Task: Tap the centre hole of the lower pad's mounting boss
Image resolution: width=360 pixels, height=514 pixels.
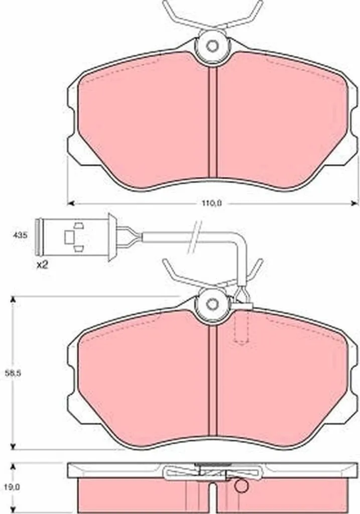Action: [x=212, y=304]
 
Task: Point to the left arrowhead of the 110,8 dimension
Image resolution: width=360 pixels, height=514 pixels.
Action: [x=70, y=204]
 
